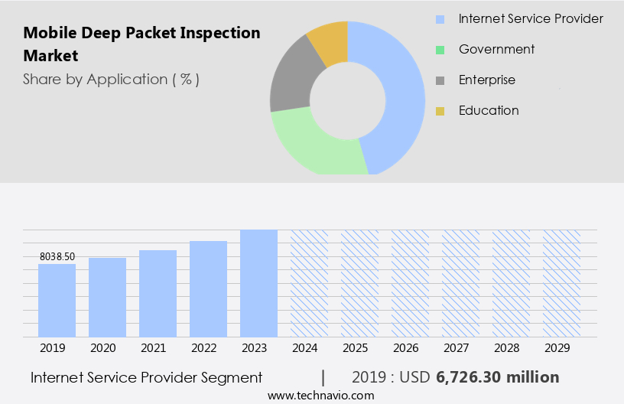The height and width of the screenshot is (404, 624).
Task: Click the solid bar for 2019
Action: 57,300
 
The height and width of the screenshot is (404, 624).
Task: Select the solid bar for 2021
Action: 158,293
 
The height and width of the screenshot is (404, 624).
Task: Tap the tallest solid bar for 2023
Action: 258,283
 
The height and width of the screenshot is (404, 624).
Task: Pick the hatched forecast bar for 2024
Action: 309,283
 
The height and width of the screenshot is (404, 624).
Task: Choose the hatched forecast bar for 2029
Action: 561,283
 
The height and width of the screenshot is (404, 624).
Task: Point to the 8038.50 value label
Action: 57,257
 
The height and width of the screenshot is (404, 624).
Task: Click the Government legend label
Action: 496,49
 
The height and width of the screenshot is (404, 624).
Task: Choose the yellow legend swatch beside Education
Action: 440,111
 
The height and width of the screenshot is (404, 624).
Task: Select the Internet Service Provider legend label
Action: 531,18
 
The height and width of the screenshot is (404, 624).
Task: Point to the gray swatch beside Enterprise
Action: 440,80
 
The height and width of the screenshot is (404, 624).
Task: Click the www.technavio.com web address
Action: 321,395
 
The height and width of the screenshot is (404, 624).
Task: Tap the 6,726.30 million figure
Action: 497,377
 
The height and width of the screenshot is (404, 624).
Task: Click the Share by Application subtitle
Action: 111,79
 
